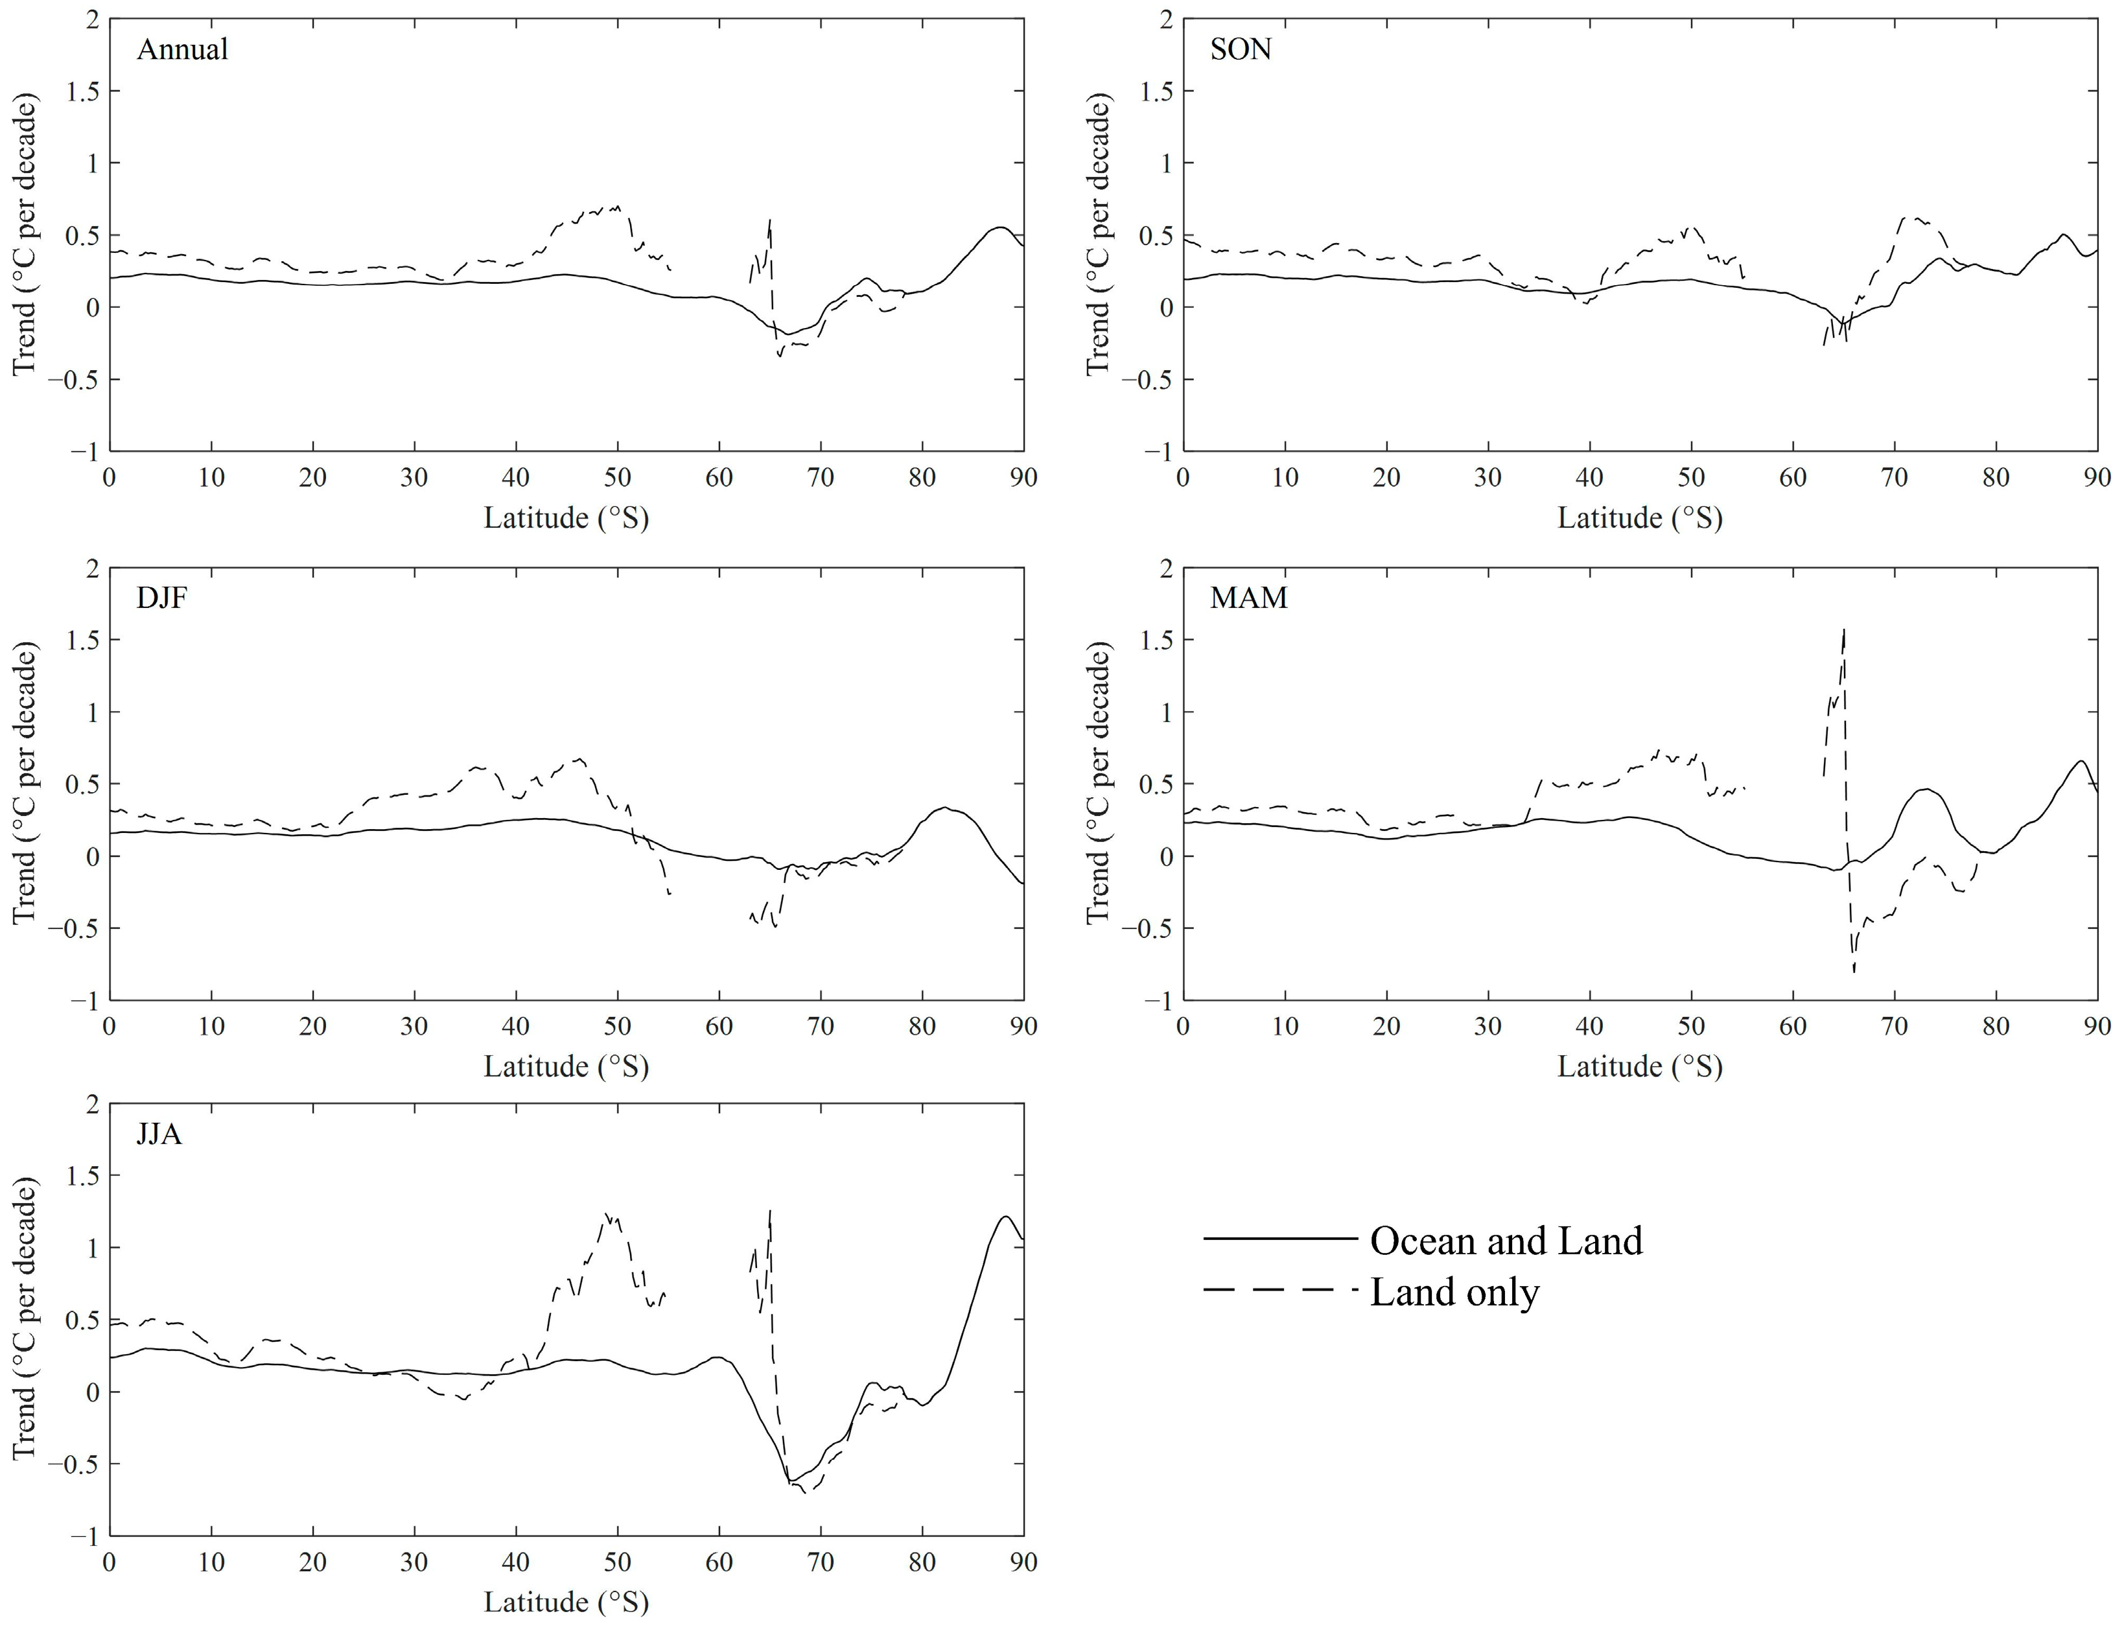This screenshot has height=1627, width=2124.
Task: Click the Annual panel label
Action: tap(182, 49)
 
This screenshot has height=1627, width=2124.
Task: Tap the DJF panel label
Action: tap(161, 598)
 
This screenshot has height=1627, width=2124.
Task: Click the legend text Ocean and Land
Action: tap(1506, 1241)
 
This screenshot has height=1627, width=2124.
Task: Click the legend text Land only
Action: tap(1454, 1293)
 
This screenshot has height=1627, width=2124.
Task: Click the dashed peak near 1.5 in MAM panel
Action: tap(1844, 631)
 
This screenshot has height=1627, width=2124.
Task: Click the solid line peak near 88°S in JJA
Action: tap(1006, 1217)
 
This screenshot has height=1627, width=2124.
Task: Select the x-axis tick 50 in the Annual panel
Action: tap(616, 478)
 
